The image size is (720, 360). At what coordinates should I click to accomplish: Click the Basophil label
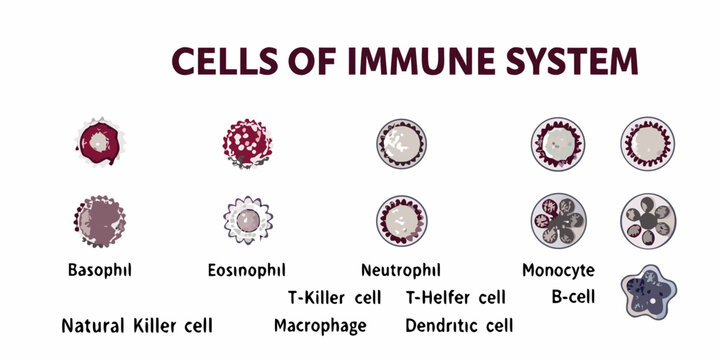point(100,270)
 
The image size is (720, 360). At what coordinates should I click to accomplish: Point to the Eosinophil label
point(246,270)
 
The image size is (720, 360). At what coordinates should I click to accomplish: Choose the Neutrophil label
point(400,270)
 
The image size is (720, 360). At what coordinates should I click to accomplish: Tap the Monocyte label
point(558,270)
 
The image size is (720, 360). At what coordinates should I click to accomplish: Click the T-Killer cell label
point(334,297)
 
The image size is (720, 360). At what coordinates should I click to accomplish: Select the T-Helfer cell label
point(455,297)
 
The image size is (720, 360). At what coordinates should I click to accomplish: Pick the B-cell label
point(573,297)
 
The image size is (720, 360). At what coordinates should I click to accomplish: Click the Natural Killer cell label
point(137,326)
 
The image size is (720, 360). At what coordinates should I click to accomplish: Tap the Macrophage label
point(320,326)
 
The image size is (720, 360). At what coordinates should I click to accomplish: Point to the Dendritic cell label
point(459,326)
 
